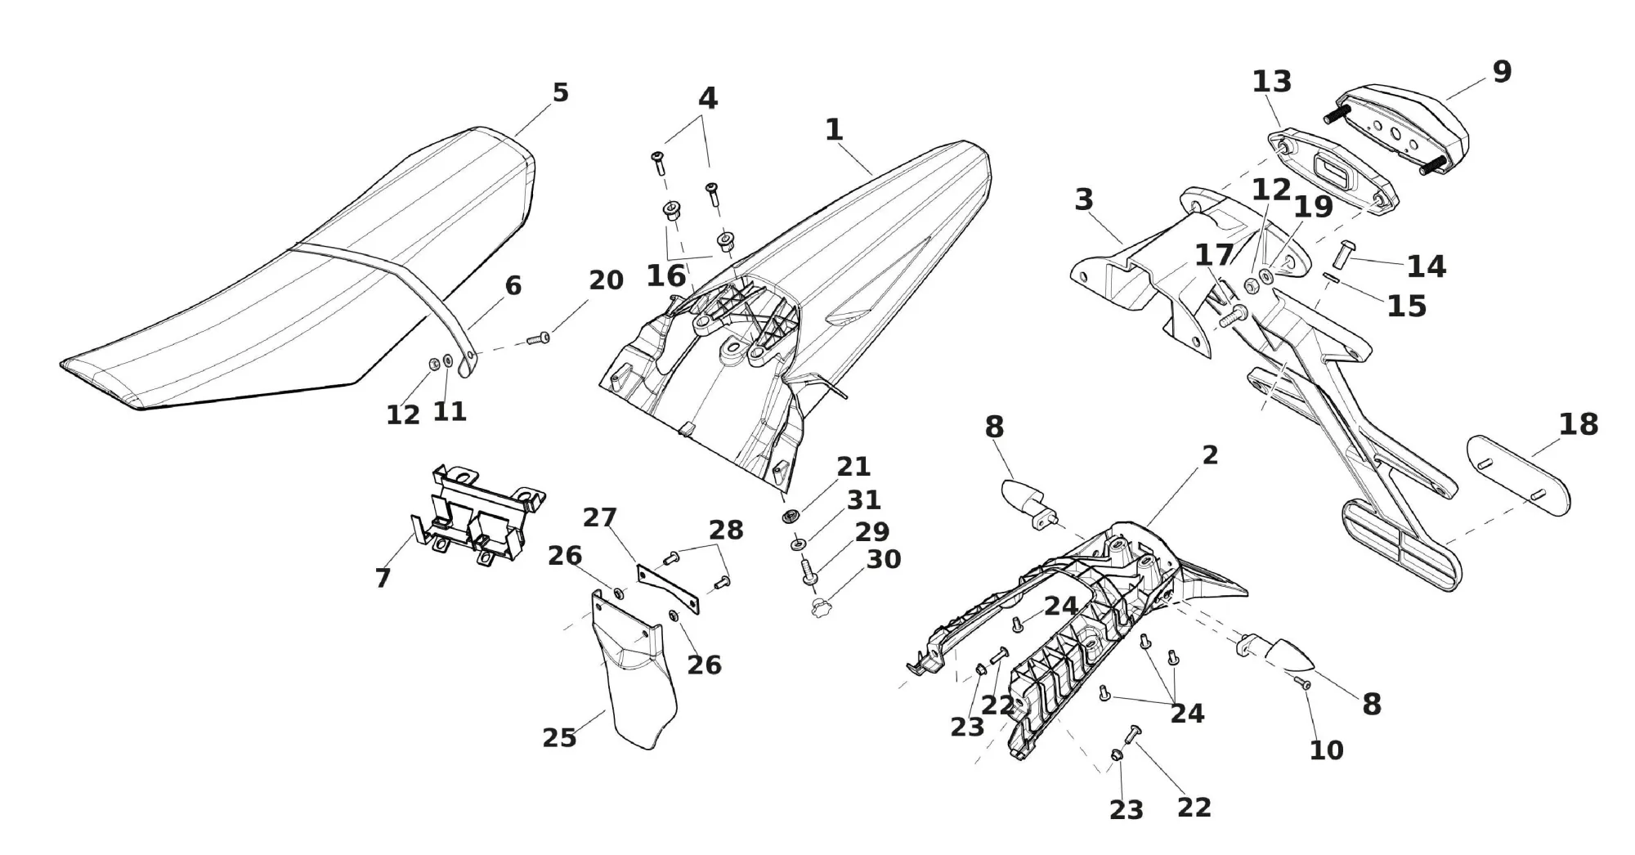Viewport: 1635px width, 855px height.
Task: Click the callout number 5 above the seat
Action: pyautogui.click(x=560, y=93)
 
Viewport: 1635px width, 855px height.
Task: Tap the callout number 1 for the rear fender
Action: pyautogui.click(x=833, y=130)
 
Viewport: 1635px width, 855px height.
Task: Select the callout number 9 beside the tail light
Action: pyautogui.click(x=1502, y=73)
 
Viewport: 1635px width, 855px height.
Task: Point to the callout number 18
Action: pyautogui.click(x=1578, y=425)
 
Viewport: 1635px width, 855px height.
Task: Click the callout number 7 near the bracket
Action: pyautogui.click(x=383, y=578)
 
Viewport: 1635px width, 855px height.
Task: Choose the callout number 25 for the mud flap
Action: pyautogui.click(x=559, y=738)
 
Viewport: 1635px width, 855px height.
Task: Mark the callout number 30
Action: pyautogui.click(x=883, y=560)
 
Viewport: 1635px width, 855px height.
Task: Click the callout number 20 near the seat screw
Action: pyautogui.click(x=606, y=280)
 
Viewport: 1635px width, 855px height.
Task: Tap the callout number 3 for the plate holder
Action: pyautogui.click(x=1084, y=199)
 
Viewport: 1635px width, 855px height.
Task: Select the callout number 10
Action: pyautogui.click(x=1326, y=750)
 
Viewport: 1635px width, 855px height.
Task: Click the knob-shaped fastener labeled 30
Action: pyautogui.click(x=820, y=608)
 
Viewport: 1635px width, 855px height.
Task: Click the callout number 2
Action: pyautogui.click(x=1210, y=456)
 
